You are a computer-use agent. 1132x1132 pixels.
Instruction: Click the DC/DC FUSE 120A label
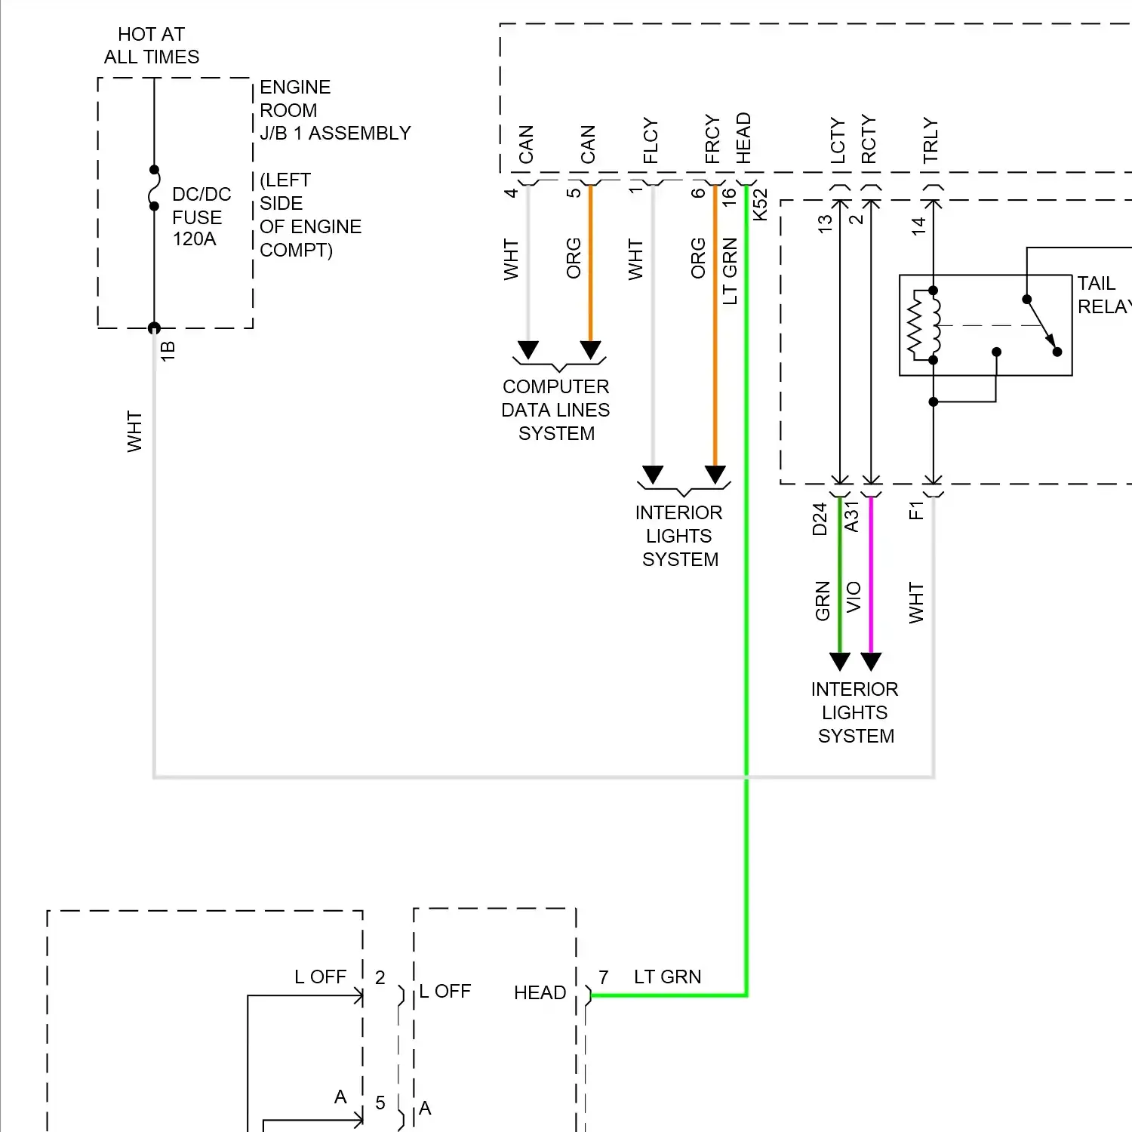click(x=201, y=217)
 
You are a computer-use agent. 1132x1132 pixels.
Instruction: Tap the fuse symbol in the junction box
click(x=154, y=188)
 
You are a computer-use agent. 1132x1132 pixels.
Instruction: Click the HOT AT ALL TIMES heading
click(x=152, y=45)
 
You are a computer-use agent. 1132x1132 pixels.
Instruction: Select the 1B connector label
click(x=168, y=351)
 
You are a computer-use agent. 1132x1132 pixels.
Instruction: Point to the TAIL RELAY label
click(x=1104, y=295)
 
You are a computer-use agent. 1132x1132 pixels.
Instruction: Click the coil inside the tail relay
click(x=936, y=325)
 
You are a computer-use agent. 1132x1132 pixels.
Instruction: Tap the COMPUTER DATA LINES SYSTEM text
click(x=556, y=410)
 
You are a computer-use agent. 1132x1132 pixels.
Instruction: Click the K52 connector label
click(x=760, y=205)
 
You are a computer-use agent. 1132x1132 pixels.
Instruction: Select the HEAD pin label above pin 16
click(x=743, y=138)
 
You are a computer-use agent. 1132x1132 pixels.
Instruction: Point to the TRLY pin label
click(x=931, y=140)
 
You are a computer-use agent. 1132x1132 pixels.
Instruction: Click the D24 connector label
click(x=820, y=519)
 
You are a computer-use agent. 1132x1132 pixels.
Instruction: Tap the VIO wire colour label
click(x=854, y=597)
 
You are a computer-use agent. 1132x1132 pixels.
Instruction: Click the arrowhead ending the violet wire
click(x=871, y=662)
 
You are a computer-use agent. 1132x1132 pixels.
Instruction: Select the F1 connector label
click(x=916, y=511)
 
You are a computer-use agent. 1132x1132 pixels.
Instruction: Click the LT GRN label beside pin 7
click(x=668, y=977)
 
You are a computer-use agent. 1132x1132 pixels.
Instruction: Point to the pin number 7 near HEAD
click(x=604, y=978)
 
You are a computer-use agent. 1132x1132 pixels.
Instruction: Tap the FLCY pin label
click(x=651, y=141)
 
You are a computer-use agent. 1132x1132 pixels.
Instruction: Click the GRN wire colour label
click(x=823, y=601)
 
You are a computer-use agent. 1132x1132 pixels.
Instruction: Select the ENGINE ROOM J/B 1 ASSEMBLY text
click(x=335, y=110)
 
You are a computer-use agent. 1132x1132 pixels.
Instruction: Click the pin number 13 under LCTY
click(x=825, y=223)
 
